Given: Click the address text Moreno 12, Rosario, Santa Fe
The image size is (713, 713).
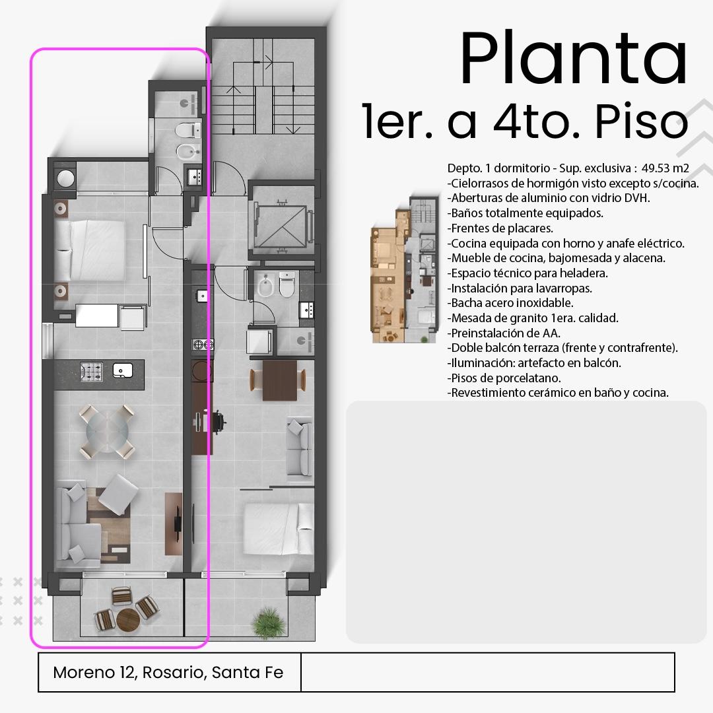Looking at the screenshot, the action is coord(168,672).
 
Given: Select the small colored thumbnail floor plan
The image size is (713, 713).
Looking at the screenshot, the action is coord(404,269).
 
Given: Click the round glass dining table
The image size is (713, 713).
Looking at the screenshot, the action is coord(108,431).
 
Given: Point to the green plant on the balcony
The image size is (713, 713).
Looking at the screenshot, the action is coord(269,623).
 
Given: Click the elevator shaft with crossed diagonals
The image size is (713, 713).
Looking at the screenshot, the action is coord(283,226).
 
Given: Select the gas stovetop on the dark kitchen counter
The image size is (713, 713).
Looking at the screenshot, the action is coord(91,372).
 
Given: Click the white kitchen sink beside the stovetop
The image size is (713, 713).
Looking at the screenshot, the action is coord(122,370).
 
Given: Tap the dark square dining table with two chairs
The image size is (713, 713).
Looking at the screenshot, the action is coord(279,380).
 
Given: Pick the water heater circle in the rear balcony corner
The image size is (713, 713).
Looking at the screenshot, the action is coord(65,178).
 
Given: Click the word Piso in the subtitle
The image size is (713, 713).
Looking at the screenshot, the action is coord(641,122).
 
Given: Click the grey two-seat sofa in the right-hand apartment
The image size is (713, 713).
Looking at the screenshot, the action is coord(300,450).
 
